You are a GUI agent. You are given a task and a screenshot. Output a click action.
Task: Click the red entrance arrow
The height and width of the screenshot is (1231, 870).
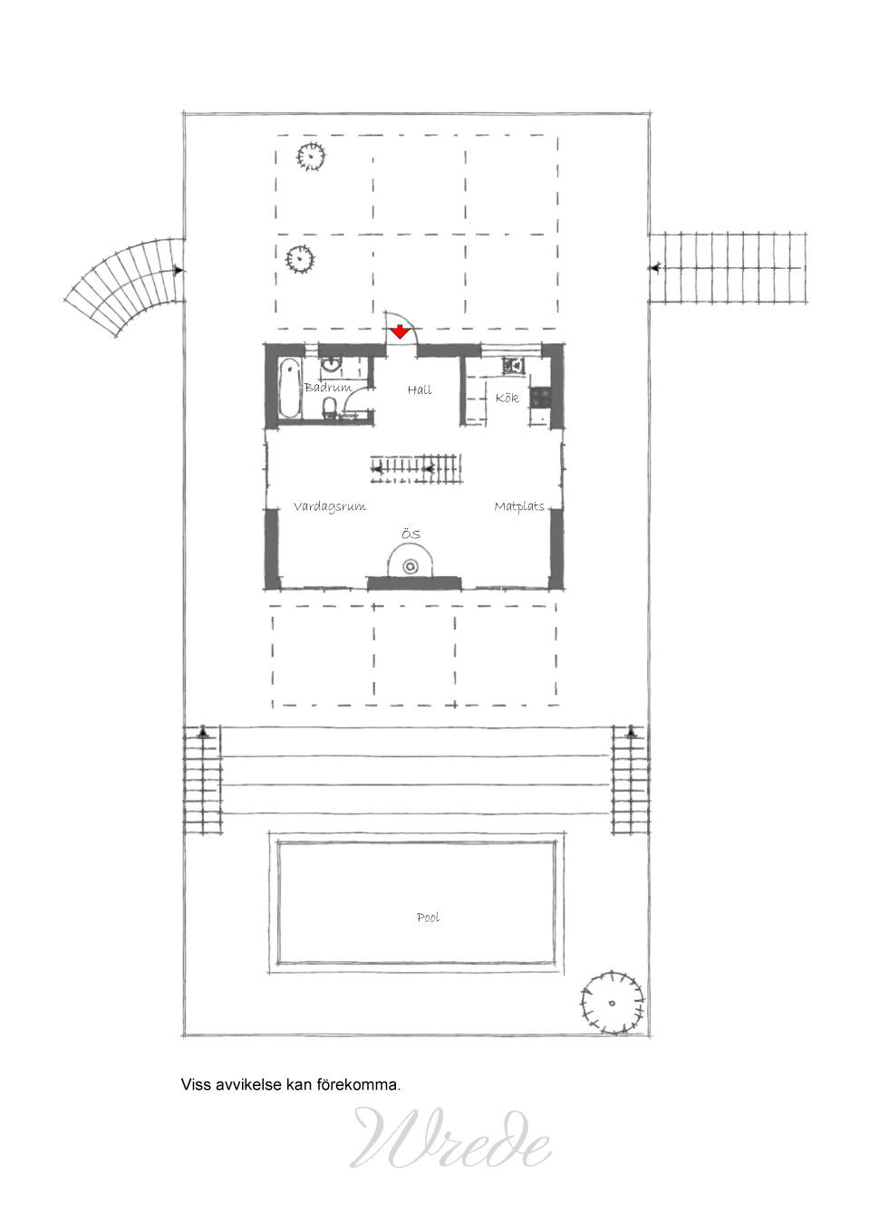(400, 332)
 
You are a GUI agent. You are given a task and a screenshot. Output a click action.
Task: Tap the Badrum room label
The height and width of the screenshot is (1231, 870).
(328, 387)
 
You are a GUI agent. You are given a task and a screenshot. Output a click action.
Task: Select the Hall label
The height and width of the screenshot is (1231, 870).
(420, 389)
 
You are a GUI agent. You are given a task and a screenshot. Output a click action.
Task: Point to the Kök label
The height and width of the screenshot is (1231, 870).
(507, 398)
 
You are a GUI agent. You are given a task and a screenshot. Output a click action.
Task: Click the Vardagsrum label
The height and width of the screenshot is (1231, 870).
(329, 506)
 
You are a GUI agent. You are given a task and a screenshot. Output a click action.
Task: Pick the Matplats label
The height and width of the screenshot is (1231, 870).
(519, 506)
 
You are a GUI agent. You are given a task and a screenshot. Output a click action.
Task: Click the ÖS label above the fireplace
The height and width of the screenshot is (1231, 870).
(411, 534)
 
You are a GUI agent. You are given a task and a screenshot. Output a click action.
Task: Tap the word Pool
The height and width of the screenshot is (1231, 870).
(428, 918)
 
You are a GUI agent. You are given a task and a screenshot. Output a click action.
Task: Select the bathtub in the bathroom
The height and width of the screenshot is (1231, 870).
(289, 389)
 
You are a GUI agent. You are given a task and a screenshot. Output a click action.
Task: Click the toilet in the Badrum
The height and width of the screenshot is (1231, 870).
(330, 409)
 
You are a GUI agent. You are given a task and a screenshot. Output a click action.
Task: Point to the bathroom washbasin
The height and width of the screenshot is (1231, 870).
(332, 363)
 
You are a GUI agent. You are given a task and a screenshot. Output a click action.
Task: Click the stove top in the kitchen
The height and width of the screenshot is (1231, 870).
(539, 398)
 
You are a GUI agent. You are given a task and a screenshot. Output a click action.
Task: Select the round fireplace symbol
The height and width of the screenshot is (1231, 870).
(411, 566)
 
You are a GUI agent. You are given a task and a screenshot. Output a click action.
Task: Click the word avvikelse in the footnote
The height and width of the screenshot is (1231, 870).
(248, 1084)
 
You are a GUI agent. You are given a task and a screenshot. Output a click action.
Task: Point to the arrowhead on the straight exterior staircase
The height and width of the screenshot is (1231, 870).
(654, 267)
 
